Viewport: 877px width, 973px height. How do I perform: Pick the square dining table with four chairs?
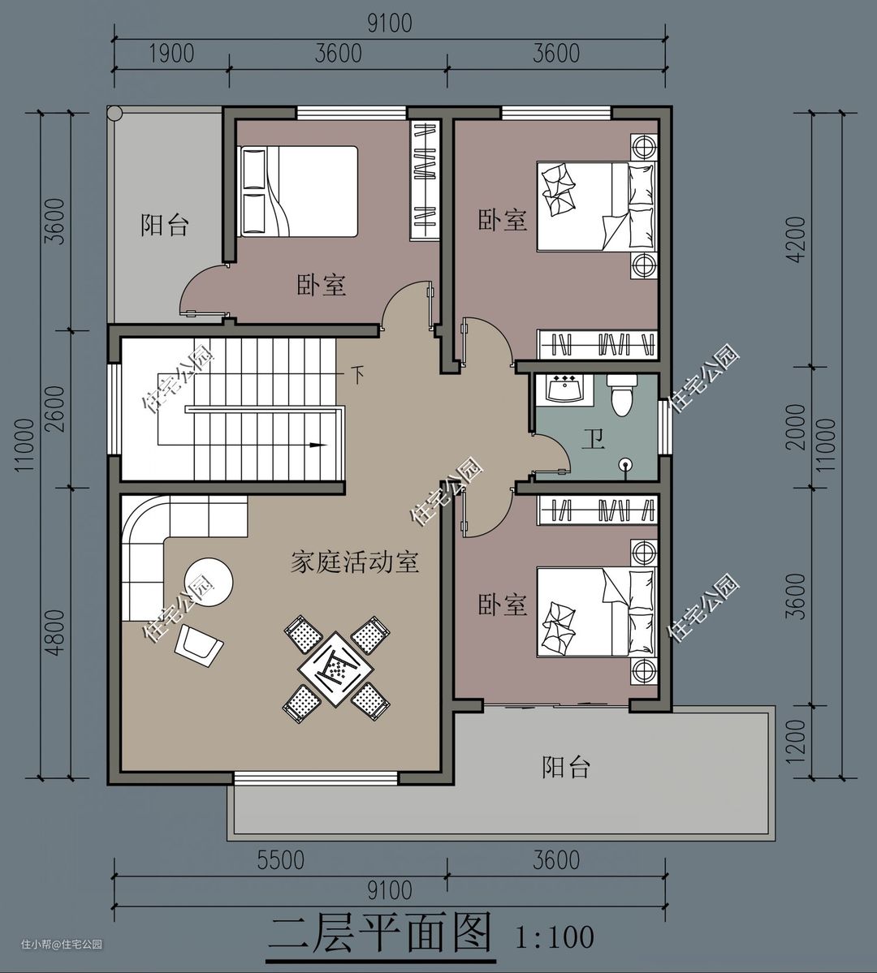coord(336,668)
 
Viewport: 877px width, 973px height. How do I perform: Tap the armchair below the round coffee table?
coord(199,645)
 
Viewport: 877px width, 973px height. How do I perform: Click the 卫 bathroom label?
coord(593,441)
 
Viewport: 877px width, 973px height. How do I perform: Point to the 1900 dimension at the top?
coord(171,54)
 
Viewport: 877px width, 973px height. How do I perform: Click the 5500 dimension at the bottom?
coord(281,860)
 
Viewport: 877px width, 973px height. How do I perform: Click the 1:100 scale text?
coord(554,937)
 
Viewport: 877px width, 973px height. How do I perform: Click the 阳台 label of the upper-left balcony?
coord(164,225)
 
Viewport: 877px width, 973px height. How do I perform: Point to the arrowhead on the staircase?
coord(318,445)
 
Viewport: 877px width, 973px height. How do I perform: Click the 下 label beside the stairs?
coord(358,375)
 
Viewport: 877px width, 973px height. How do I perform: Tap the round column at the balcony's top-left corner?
coord(115,114)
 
